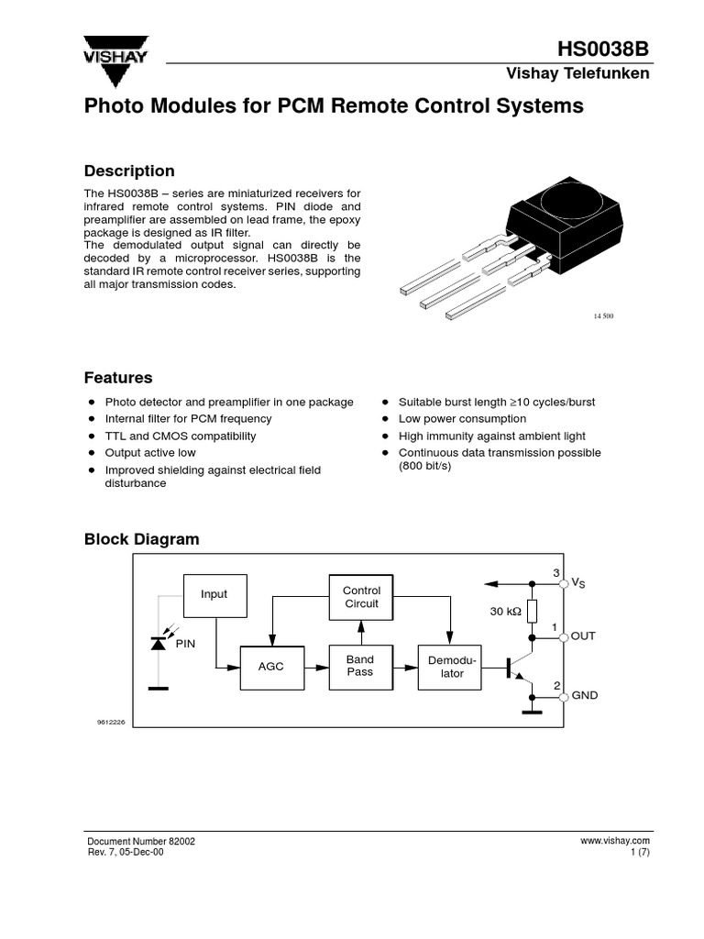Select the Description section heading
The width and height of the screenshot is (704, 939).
[129, 171]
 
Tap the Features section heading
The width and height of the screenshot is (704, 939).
[118, 378]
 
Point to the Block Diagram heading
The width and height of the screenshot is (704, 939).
[141, 539]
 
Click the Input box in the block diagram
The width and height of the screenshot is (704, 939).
[214, 594]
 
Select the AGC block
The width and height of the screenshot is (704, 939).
[271, 668]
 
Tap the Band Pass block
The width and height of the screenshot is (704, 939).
[360, 666]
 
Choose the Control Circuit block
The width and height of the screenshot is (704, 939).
[361, 597]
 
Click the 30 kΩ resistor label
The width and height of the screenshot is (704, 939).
[507, 611]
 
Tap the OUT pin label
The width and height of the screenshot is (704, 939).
[583, 635]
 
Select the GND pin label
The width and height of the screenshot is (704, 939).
[585, 695]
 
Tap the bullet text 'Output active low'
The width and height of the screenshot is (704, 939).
[150, 453]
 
